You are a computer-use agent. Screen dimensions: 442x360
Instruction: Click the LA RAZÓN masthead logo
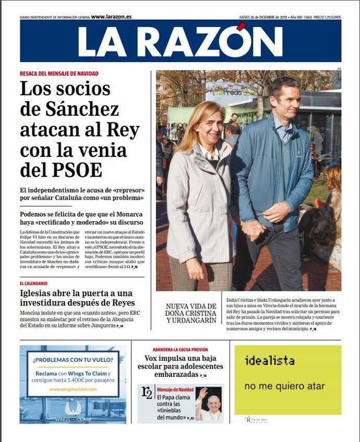click(180, 41)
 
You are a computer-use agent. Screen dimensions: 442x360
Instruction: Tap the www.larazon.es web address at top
click(111, 17)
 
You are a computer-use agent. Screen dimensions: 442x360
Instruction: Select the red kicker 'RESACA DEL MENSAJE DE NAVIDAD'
click(59, 73)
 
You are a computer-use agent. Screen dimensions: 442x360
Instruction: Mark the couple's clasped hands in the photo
click(254, 229)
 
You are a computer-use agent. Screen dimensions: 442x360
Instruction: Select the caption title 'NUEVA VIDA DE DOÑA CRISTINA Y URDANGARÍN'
click(191, 313)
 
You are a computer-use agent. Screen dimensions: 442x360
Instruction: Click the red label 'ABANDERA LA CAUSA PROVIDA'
click(180, 349)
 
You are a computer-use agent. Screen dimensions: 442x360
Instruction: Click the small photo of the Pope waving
click(209, 403)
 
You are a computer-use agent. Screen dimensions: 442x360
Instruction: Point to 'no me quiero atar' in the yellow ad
click(284, 386)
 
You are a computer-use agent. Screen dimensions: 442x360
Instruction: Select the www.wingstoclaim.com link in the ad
click(73, 389)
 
